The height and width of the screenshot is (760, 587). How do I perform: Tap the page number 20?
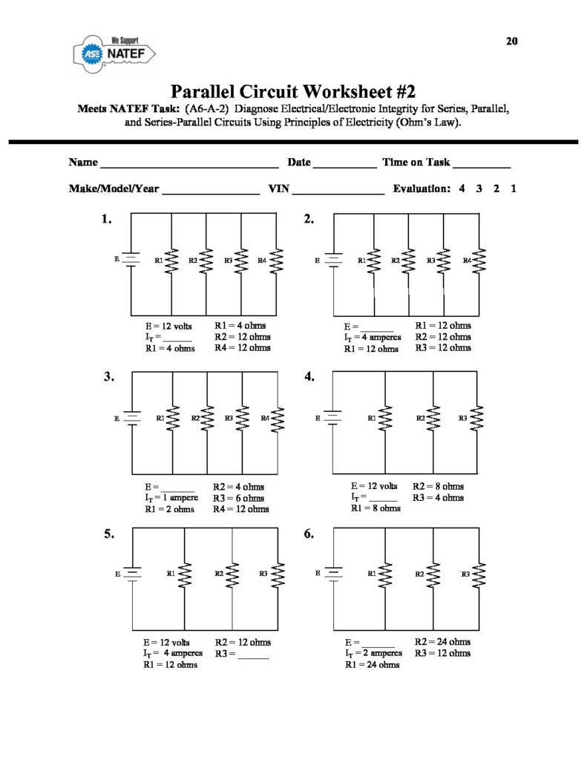pos(512,41)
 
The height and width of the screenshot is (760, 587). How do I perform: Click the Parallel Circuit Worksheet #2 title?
pos(293,92)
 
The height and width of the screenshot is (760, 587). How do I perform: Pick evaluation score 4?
pos(462,189)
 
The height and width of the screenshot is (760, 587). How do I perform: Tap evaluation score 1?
pos(514,189)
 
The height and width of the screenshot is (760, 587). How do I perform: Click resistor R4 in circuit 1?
pos(277,261)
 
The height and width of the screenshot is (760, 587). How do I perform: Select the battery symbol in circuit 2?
pos(334,261)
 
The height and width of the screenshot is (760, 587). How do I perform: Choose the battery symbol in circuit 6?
pos(334,574)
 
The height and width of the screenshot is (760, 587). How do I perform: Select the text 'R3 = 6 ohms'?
pos(238,498)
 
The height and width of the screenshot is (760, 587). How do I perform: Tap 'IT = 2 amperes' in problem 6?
pos(373,653)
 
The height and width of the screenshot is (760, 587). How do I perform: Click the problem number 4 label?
pos(310,377)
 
